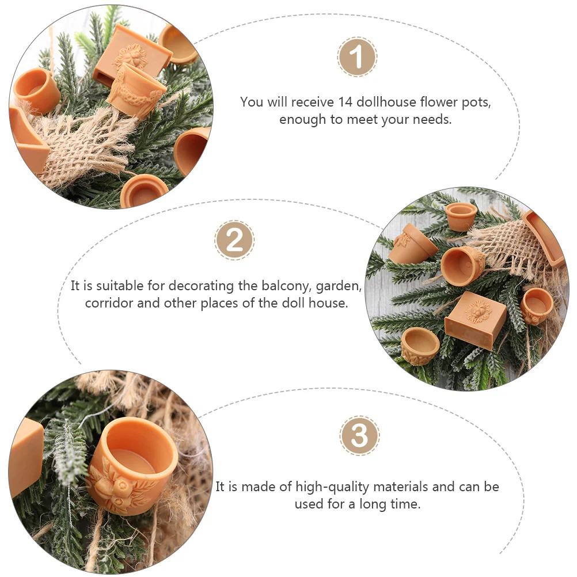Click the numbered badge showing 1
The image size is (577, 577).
[x=356, y=56]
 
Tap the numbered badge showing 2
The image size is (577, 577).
[x=234, y=241]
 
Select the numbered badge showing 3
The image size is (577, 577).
[x=359, y=436]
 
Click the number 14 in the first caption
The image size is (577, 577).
[x=346, y=101]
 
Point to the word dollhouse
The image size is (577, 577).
[x=386, y=101]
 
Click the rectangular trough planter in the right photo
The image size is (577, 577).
[x=543, y=238]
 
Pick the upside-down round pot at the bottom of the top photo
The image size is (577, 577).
[x=143, y=191]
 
